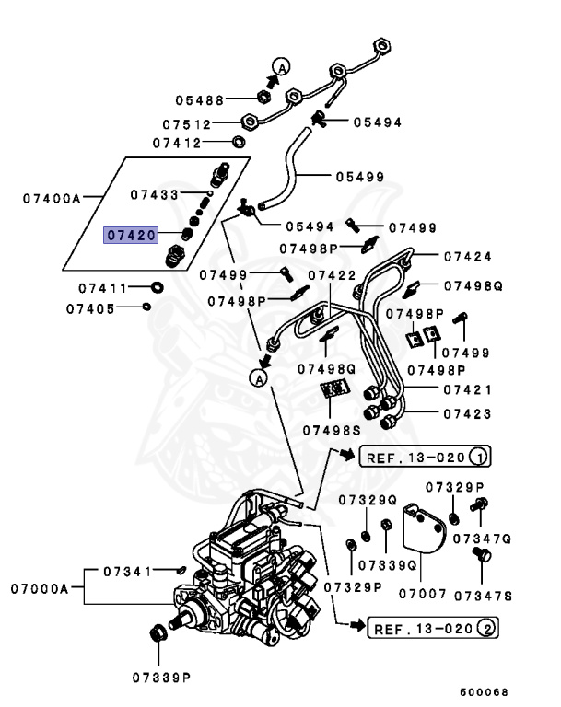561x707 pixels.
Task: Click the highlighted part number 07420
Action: (130, 236)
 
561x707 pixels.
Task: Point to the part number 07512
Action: (189, 123)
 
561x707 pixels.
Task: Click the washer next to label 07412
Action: (238, 142)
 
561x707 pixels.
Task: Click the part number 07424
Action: (467, 257)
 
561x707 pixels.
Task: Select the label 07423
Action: (467, 413)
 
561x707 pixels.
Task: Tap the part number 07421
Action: (467, 390)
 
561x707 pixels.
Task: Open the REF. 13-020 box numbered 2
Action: (433, 629)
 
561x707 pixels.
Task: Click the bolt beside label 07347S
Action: (479, 554)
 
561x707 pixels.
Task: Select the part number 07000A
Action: (41, 587)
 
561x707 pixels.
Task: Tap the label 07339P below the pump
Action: (160, 677)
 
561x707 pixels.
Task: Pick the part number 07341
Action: (127, 572)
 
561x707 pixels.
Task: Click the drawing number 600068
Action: (483, 692)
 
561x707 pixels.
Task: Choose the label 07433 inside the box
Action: (155, 194)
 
